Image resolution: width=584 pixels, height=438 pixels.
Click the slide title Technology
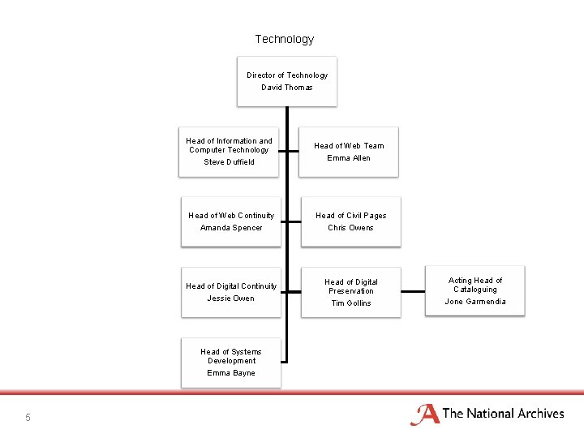coord(284,39)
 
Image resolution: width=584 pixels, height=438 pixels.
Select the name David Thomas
coord(286,88)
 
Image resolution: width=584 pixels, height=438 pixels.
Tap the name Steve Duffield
coord(229,162)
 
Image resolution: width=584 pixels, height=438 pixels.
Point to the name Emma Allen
coord(349,158)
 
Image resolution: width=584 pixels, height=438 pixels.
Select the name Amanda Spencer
coord(231,228)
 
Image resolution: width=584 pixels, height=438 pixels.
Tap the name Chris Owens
coord(350,228)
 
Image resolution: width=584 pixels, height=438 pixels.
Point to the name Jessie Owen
coord(231,298)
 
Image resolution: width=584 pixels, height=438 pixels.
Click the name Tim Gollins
coord(351,303)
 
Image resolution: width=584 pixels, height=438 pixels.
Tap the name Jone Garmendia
coord(475,302)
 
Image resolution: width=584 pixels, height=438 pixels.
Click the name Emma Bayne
coord(231,373)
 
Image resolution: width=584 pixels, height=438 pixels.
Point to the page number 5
coord(28,417)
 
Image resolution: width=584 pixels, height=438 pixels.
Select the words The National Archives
coord(503,414)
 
